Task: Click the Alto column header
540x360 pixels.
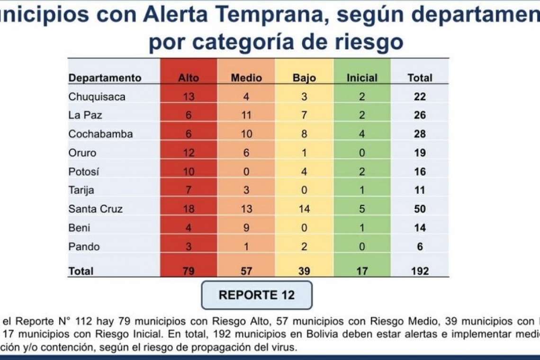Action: pos(189,78)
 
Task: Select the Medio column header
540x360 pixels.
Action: pos(246,78)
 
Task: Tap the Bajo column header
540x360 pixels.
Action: pos(304,78)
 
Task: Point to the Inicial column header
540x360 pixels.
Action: pos(362,78)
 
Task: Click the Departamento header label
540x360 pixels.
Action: pos(105,78)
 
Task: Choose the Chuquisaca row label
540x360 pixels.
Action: pos(97,97)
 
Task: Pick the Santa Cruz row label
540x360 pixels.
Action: pos(96,208)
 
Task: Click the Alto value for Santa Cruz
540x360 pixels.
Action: pos(189,208)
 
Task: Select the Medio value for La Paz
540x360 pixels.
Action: pos(246,115)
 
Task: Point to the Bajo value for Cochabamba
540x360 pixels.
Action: pos(304,134)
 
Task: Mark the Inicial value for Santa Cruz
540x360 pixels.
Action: pos(362,208)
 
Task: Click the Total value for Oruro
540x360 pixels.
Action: pos(420,153)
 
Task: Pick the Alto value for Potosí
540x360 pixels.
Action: pos(189,171)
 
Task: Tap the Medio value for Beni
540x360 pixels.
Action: pos(246,227)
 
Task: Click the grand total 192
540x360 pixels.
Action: pos(420,271)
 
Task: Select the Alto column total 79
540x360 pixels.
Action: pos(189,271)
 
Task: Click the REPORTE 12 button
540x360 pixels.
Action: pos(257,295)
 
